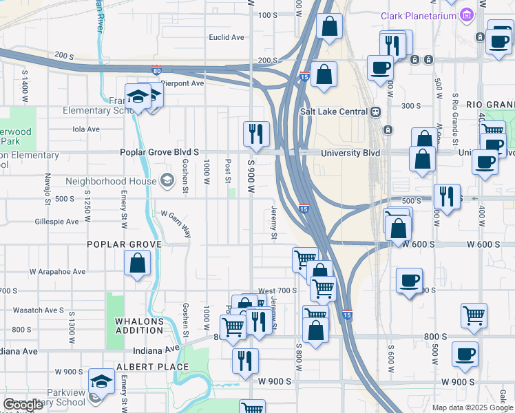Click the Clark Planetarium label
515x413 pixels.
coord(419,15)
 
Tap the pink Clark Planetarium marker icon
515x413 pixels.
coord(467,14)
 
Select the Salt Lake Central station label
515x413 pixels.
coord(334,112)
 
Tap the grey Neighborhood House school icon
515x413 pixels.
coord(167,181)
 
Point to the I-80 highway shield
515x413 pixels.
coord(158,70)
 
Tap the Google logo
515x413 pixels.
coord(23,405)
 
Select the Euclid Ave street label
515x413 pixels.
coord(227,37)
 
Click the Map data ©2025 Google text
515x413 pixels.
coord(472,407)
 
